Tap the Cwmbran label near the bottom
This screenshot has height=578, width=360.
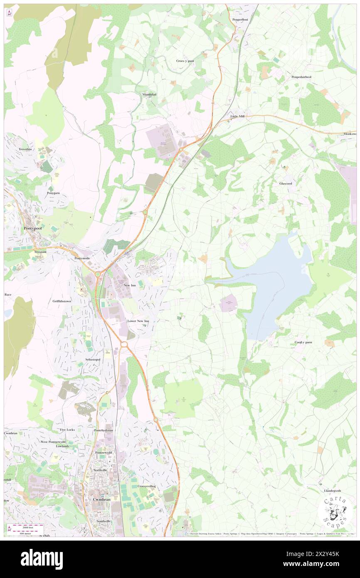coord(100,500)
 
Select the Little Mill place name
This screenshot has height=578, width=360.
coord(237,116)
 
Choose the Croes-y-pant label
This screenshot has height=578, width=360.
coord(185,61)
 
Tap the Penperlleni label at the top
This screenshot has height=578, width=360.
coord(240,20)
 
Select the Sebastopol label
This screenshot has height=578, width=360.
coord(93,359)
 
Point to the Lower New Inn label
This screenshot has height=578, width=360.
coord(138,321)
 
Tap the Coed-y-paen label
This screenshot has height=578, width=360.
coord(303,342)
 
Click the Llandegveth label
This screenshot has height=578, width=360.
coord(333,491)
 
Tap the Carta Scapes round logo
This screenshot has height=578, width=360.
coord(335,510)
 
